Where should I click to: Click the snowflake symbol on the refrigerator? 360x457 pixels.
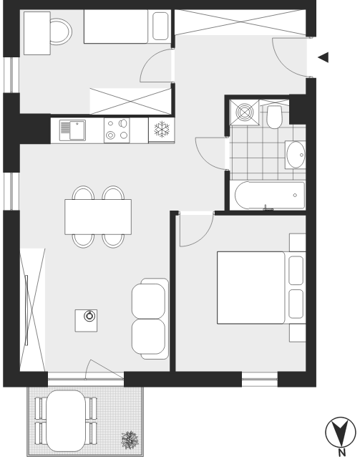click(x=162, y=129)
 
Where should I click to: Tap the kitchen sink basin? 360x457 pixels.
click(x=77, y=130)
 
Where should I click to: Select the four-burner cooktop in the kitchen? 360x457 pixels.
click(x=117, y=130)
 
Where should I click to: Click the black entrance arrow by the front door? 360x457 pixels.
click(x=323, y=57)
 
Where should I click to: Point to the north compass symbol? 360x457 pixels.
click(x=340, y=432)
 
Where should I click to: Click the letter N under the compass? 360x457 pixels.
click(x=342, y=453)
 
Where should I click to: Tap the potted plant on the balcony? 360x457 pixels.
click(x=130, y=440)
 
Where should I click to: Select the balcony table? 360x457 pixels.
click(x=66, y=420)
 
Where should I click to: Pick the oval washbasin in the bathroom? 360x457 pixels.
click(x=296, y=155)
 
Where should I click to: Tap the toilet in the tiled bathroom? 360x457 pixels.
click(x=274, y=117)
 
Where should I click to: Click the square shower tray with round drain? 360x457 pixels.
click(x=244, y=112)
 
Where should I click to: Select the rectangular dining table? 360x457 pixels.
click(x=98, y=216)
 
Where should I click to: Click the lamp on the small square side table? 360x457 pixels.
click(x=89, y=316)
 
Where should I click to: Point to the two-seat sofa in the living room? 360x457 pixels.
click(x=150, y=319)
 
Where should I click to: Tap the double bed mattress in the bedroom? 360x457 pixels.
click(x=250, y=288)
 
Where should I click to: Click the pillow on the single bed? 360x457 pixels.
click(x=160, y=26)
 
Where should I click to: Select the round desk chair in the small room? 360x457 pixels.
click(x=61, y=32)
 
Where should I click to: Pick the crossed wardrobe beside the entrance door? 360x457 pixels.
click(x=240, y=22)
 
